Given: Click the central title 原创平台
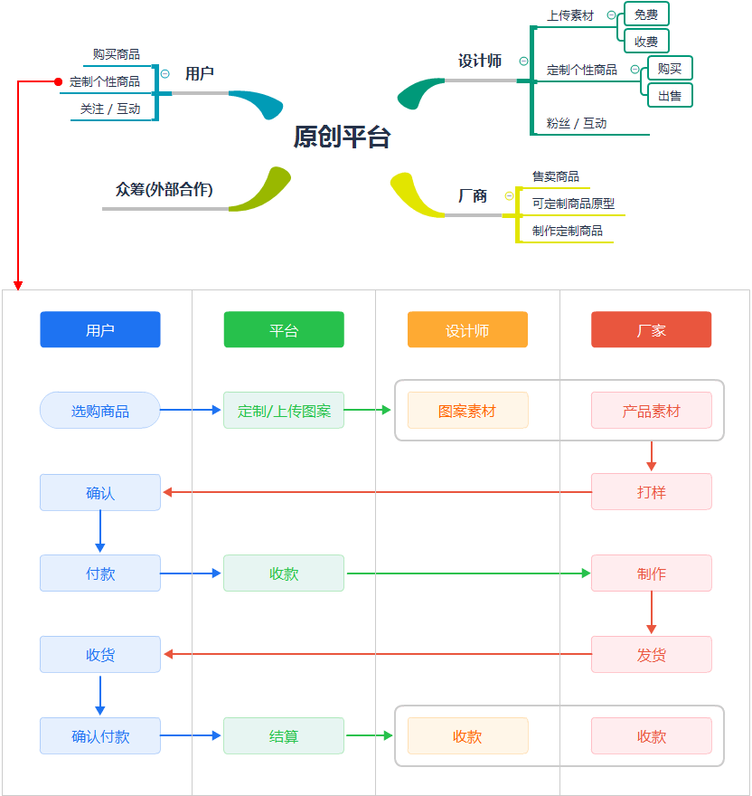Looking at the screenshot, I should click(342, 137).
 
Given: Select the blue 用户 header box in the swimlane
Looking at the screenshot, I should click(100, 330).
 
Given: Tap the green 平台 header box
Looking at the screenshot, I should click(284, 330).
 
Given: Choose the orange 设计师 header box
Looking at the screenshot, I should click(467, 330).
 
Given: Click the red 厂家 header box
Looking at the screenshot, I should click(651, 330).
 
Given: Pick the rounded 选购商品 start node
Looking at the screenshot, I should click(100, 411).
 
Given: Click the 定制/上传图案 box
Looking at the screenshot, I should click(284, 411).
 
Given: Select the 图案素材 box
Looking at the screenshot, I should click(467, 411).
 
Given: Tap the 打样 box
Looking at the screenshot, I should click(651, 492).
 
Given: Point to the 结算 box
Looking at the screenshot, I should click(284, 736).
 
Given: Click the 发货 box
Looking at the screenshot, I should click(651, 655).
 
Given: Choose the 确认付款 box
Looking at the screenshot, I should click(100, 736).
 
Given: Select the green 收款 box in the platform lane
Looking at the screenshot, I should click(284, 573).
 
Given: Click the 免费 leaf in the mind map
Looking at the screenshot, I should click(645, 14).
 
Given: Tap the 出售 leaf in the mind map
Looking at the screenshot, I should click(669, 95).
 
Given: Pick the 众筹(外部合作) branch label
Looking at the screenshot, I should click(164, 189).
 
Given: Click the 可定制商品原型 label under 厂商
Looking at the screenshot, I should click(573, 204).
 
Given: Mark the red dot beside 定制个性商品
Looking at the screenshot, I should click(59, 81).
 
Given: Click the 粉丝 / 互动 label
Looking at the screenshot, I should click(577, 123).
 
